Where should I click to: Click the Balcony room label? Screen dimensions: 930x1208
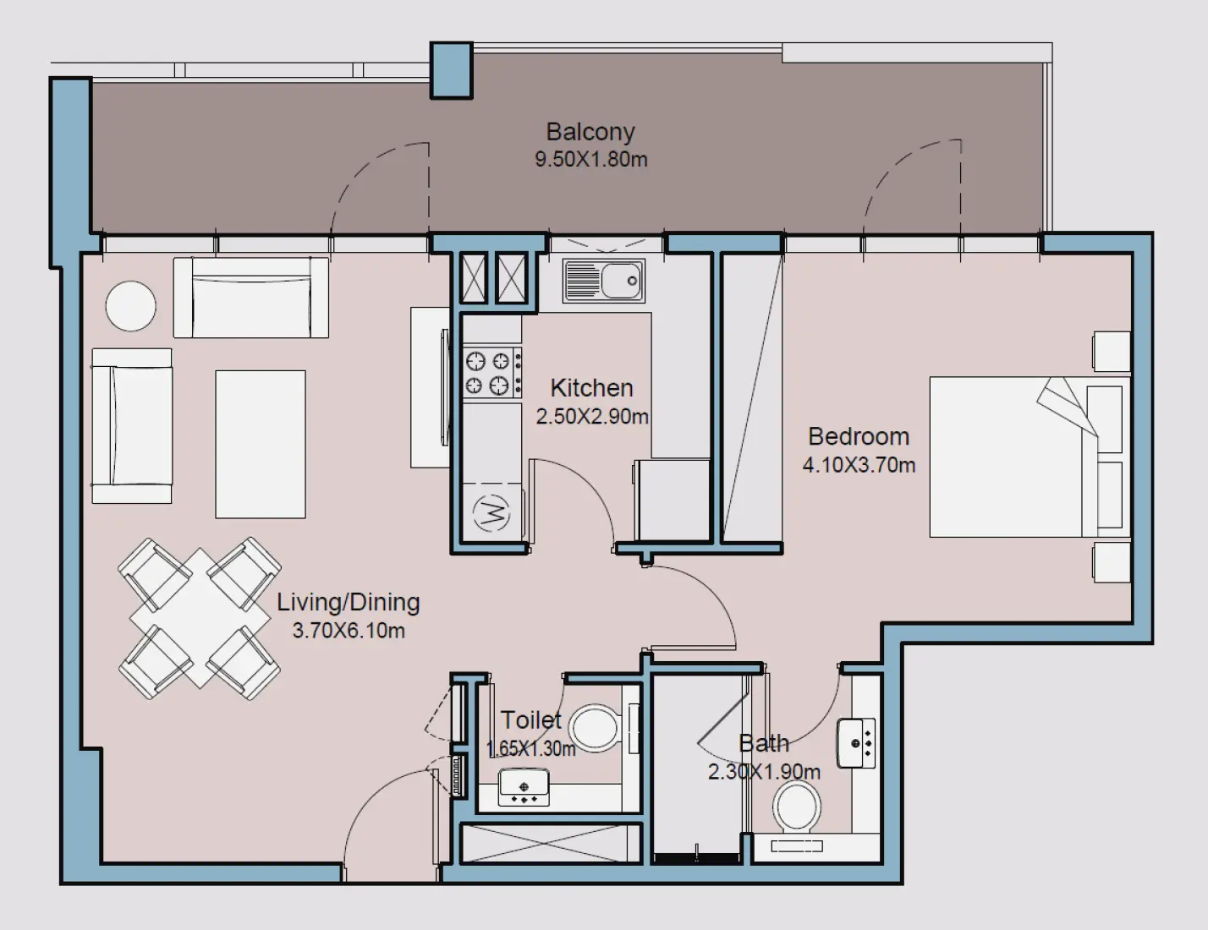tap(590, 132)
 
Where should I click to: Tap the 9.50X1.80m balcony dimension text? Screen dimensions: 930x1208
tap(590, 159)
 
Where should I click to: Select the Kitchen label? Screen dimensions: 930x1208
tap(591, 388)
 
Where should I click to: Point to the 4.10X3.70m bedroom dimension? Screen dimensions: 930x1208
tap(859, 465)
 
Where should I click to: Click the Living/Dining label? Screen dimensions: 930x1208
tap(349, 602)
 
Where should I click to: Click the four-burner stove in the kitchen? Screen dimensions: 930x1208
tap(491, 373)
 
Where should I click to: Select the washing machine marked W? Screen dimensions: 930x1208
tap(492, 511)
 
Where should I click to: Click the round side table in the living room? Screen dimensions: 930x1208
tap(130, 306)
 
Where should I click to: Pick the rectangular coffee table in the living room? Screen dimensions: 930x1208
tap(260, 444)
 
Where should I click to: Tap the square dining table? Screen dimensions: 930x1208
tap(200, 619)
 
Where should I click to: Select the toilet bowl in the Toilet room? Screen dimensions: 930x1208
tap(596, 728)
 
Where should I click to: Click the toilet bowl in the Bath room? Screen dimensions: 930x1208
tap(796, 805)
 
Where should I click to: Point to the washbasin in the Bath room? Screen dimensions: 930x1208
tap(857, 743)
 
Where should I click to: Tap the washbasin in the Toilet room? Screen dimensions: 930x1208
tap(524, 786)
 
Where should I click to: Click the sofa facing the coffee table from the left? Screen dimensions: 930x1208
tap(131, 425)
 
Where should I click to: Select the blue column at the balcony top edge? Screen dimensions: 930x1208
tap(451, 70)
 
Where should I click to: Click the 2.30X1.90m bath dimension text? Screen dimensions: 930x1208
tap(764, 772)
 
